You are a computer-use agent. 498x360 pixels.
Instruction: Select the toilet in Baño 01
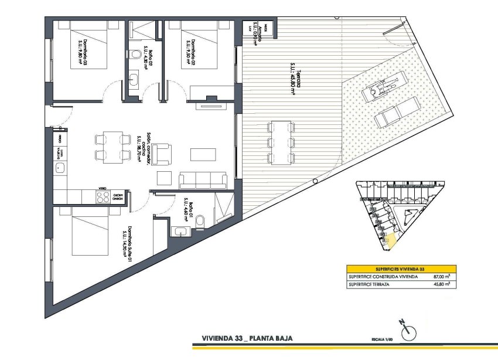tap(200, 220)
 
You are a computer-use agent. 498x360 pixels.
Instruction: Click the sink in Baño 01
tap(179, 230)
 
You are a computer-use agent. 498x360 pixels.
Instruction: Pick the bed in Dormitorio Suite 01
tap(90, 235)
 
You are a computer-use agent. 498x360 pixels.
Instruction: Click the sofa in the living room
tap(203, 179)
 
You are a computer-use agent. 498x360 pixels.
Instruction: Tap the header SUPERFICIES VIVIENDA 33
tap(401, 268)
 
